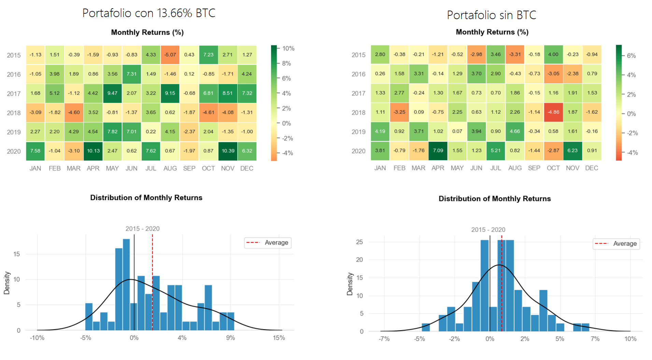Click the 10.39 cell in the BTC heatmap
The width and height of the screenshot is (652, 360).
click(228, 151)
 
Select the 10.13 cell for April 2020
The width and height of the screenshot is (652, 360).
click(93, 151)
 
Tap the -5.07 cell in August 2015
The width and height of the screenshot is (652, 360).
click(170, 55)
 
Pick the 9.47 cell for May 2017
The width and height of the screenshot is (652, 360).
click(112, 93)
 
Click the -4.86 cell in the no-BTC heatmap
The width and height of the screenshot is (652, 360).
click(553, 112)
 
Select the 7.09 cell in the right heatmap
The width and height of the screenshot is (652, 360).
click(438, 151)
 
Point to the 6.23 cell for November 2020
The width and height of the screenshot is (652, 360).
click(572, 151)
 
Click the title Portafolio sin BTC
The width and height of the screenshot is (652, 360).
click(492, 15)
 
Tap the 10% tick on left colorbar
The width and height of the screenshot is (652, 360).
click(288, 49)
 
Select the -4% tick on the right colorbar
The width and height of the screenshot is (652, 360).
click(632, 153)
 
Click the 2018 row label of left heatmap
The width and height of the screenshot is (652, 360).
click(14, 113)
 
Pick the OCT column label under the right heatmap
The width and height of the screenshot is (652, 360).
click(553, 168)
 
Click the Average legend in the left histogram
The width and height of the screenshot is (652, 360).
click(268, 243)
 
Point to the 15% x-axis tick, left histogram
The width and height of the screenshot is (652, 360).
click(279, 338)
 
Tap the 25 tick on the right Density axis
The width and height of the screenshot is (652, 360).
click(359, 242)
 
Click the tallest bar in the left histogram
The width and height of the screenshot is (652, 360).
click(126, 283)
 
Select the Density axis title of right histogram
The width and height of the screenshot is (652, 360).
click(350, 284)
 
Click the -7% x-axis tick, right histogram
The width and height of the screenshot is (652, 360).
click(384, 339)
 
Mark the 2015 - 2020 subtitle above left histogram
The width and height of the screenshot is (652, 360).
click(142, 229)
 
